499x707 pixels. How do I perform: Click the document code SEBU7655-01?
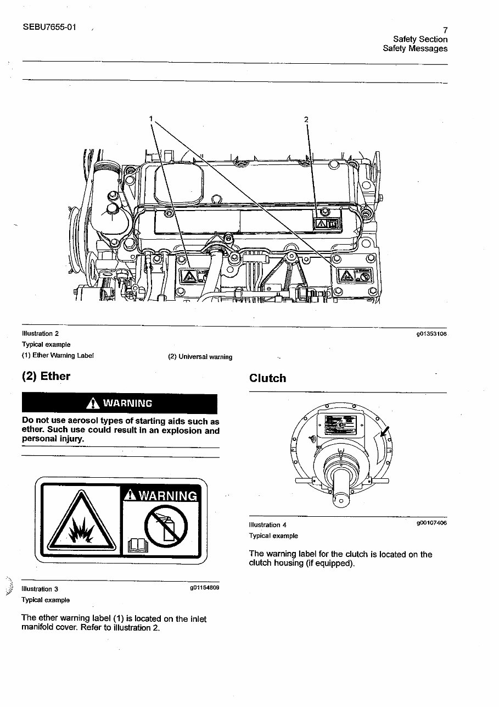50,26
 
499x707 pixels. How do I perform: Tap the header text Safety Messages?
415,48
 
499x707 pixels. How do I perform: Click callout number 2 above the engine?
306,119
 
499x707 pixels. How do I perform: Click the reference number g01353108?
432,334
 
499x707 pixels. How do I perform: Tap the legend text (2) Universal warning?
200,357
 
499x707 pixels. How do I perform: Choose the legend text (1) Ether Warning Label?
58,355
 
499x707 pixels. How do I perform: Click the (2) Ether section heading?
46,377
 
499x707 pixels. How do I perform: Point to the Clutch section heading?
267,378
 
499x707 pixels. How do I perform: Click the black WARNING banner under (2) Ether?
119,404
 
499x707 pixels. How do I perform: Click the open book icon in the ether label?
135,545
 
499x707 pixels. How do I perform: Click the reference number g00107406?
431,523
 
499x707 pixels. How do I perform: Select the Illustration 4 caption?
267,525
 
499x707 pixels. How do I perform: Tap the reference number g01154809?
204,588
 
